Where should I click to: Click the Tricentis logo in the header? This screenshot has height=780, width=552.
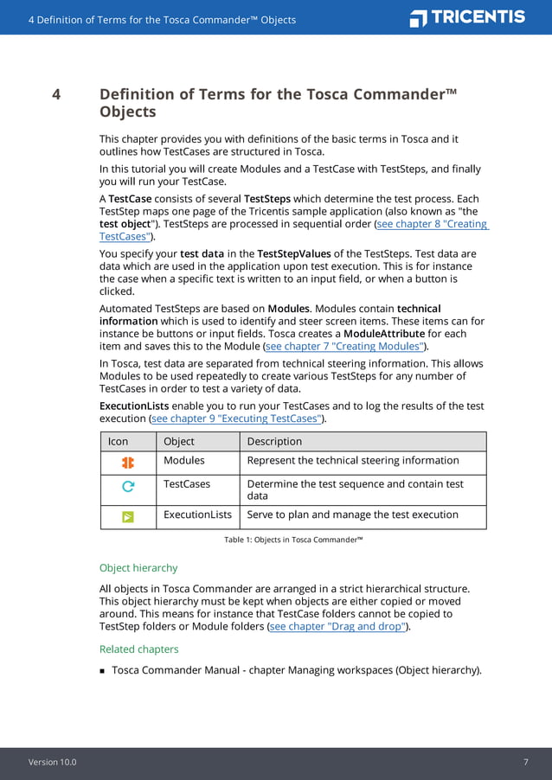point(467,18)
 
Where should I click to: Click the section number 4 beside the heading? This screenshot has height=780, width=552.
point(56,94)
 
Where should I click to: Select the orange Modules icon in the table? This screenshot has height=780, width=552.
point(128,463)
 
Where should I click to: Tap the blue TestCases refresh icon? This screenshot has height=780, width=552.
point(128,487)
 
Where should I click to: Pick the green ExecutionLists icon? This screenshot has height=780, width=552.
point(128,517)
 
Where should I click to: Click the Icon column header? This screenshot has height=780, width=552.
point(118,441)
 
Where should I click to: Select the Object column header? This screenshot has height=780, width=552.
point(179,441)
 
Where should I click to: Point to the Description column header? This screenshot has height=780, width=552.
point(274,441)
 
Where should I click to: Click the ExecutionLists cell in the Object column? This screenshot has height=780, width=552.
point(197,515)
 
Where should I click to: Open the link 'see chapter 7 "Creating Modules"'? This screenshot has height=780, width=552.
point(345,346)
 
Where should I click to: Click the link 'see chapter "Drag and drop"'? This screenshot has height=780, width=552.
point(337,626)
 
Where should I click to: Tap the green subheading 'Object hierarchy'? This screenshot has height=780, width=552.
point(138,568)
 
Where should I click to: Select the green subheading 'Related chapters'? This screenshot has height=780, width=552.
point(139,649)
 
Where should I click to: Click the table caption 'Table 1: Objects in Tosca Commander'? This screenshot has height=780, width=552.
point(293,540)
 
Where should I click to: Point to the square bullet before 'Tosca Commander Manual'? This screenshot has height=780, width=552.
point(102,670)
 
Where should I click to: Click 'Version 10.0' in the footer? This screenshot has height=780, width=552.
point(52,762)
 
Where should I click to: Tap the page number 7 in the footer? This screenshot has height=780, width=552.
point(525,762)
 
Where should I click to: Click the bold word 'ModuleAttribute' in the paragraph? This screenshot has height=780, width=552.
point(384,334)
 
